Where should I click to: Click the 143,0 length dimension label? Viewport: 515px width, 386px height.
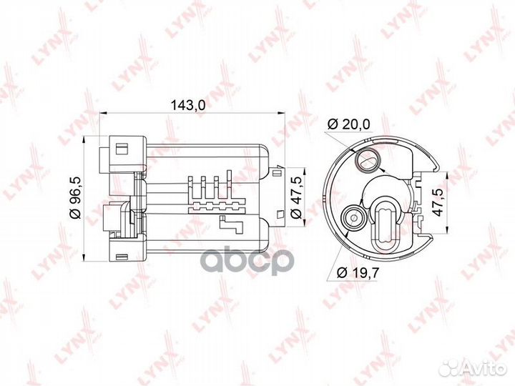(189, 104)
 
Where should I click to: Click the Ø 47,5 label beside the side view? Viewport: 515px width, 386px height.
(295, 197)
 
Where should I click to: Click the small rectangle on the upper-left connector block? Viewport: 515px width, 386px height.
(121, 149)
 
